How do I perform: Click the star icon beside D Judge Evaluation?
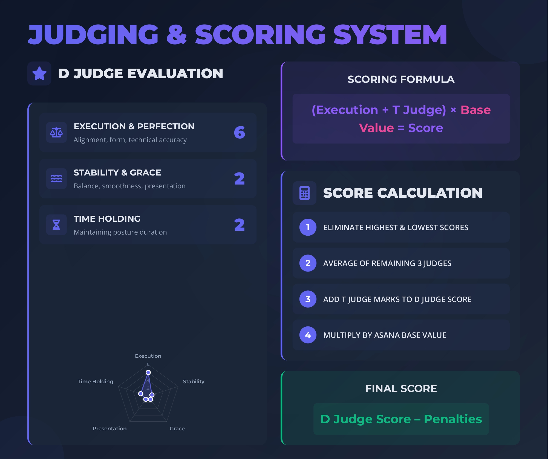(x=39, y=73)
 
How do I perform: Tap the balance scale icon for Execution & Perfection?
(x=56, y=132)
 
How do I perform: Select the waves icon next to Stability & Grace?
(x=56, y=179)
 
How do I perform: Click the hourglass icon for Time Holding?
(x=56, y=225)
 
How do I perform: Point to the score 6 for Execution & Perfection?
(x=240, y=132)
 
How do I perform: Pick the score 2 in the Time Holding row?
(x=240, y=225)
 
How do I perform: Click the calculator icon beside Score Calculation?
(x=304, y=193)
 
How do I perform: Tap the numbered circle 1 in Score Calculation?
(x=308, y=227)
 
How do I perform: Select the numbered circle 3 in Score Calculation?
(x=308, y=299)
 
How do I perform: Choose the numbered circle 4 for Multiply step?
(x=308, y=335)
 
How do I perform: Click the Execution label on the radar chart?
(x=148, y=356)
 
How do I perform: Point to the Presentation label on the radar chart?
(x=109, y=428)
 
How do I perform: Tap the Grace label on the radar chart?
(x=177, y=428)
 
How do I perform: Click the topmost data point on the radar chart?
(x=148, y=372)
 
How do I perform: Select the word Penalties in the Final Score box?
(x=453, y=419)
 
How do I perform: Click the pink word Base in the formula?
(x=476, y=110)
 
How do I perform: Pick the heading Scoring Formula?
(x=401, y=79)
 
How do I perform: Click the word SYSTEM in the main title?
(x=390, y=34)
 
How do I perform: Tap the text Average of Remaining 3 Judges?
(x=387, y=263)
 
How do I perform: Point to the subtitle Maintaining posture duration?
(x=120, y=232)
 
